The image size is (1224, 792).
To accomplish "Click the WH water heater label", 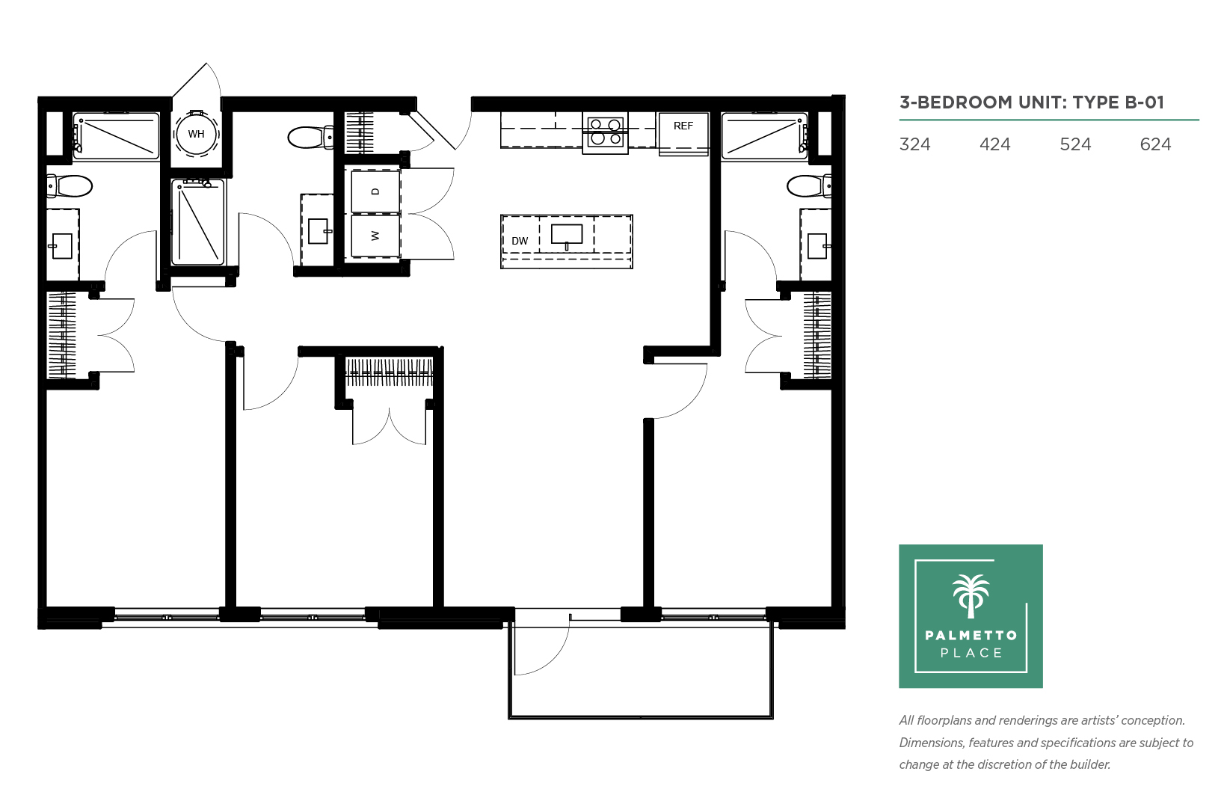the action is (196, 134).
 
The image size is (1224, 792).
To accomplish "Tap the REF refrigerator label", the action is (683, 126).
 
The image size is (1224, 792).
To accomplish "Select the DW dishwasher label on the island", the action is (520, 241).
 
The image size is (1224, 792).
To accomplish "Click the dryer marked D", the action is (375, 191).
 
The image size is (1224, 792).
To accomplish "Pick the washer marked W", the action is (375, 236).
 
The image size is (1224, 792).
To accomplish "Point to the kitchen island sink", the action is (567, 235).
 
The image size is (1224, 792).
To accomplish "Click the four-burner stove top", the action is (605, 133).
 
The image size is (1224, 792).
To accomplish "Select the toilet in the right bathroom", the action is (809, 185).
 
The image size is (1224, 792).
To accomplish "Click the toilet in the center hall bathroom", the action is (310, 137).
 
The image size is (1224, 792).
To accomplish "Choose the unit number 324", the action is (914, 144).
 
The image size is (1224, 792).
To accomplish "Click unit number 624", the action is (1155, 144).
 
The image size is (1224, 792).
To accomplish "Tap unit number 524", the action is (1075, 144).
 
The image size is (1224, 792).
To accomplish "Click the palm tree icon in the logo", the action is (971, 596).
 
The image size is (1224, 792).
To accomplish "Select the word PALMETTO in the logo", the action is (971, 635).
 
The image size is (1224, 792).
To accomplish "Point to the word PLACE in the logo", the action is (971, 653).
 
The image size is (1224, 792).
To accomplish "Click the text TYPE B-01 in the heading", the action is (1118, 102).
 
